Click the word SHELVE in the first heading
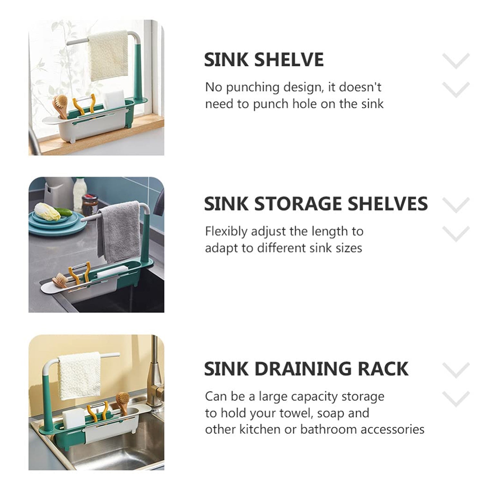tap(289, 60)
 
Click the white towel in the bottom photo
tap(79, 375)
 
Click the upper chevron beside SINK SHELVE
tap(456, 61)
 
